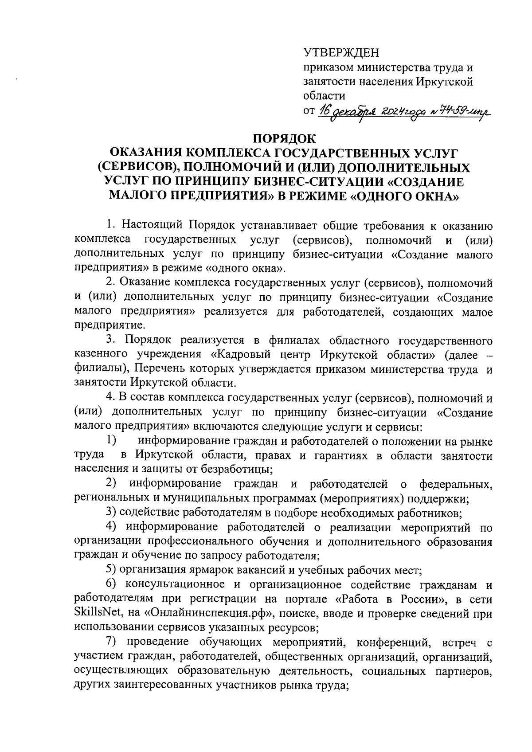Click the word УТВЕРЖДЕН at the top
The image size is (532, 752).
[x=341, y=53]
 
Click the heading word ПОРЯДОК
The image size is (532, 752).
[x=283, y=138]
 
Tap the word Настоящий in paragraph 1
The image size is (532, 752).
[x=152, y=225]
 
